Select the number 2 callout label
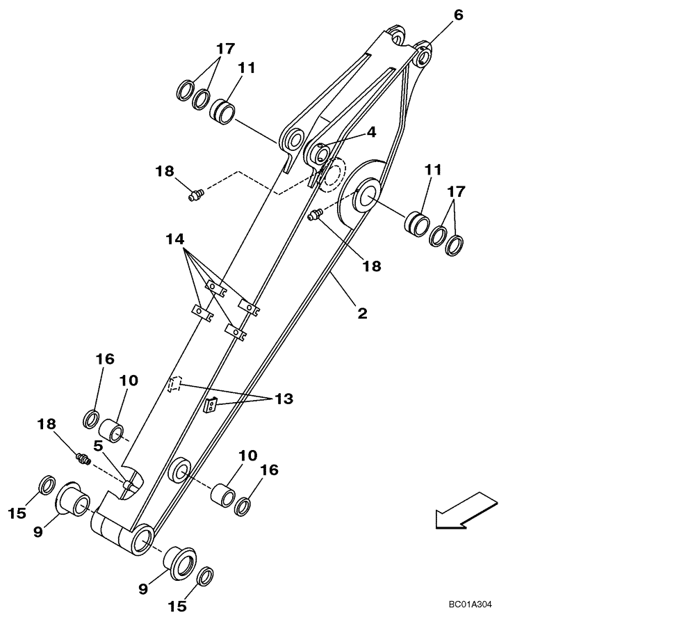coord(362,314)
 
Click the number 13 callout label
coord(283,399)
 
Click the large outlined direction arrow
coord(466,510)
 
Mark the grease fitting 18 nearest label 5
coord(83,458)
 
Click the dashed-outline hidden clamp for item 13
coord(174,384)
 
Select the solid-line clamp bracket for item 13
coord(211,405)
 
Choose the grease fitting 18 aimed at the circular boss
coord(313,216)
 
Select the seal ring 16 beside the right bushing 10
coord(243,506)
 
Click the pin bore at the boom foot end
coord(141,538)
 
